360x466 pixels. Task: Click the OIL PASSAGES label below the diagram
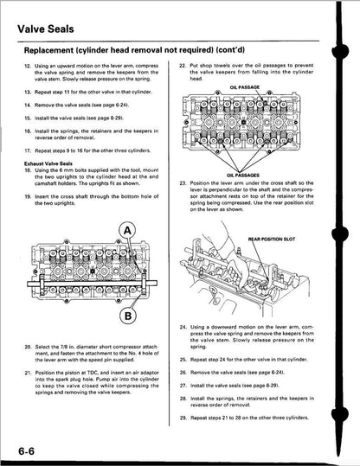(x=244, y=173)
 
